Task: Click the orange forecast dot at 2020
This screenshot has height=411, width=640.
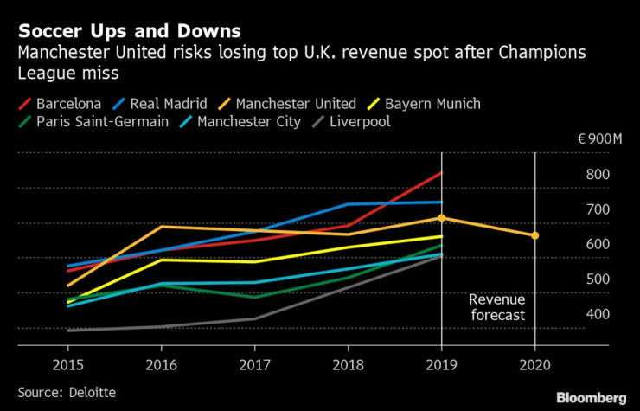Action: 534,235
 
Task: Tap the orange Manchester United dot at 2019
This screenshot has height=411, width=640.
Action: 442,218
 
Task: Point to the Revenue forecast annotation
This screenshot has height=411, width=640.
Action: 496,307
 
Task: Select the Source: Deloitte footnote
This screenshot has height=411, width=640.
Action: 64,393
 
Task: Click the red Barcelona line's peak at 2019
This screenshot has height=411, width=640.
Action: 441,173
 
